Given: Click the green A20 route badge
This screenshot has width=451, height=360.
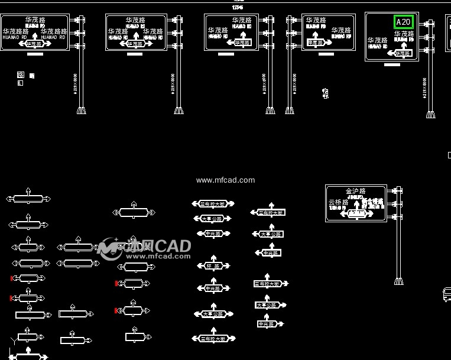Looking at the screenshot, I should pos(404,22).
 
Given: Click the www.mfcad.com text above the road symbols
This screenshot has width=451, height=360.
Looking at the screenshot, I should pos(225,180).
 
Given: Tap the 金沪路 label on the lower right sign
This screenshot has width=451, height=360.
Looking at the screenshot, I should pos(355,191).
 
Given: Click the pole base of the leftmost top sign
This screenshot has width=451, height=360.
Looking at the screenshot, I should pos(81,111).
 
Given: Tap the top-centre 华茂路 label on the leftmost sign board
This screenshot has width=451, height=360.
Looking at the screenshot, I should pos(34,20).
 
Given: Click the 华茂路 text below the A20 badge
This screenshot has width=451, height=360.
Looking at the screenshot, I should pos(404,34).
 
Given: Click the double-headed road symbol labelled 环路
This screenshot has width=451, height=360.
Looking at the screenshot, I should pos(213,265).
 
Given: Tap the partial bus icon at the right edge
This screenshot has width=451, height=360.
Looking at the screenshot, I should pos(447,294).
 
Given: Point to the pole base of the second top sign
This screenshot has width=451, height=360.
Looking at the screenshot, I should pos(178,111).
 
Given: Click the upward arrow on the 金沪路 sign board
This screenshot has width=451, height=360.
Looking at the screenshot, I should pos(356,205).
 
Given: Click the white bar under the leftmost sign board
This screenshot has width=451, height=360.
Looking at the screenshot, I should pos(35,54).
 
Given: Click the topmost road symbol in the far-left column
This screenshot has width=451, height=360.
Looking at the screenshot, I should pos(28,197).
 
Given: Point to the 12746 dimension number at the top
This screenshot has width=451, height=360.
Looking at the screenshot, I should pos(238,7).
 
